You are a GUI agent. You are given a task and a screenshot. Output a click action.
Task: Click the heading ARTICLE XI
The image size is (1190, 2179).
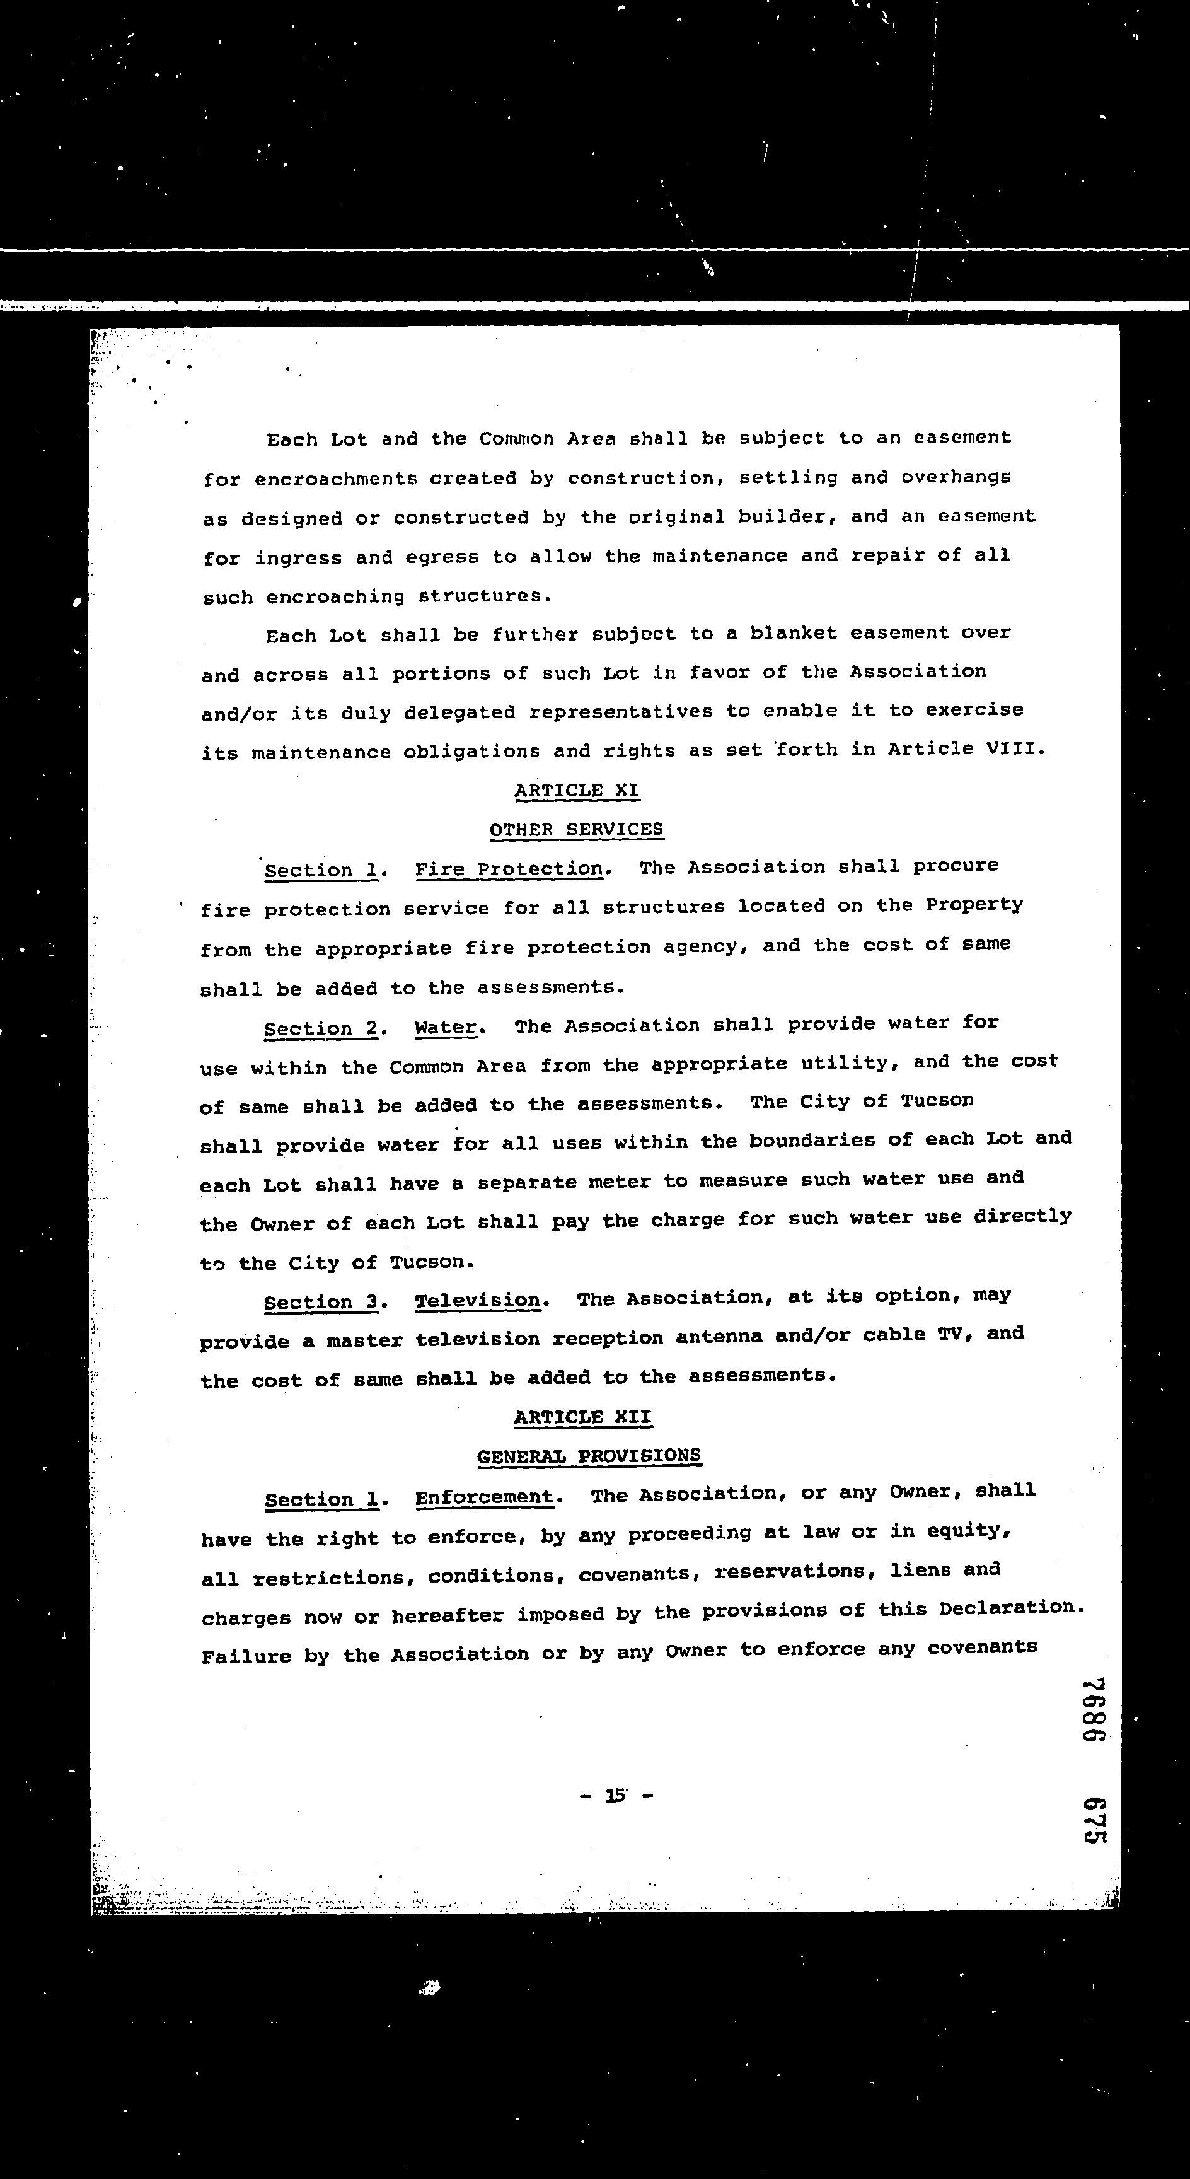(x=577, y=790)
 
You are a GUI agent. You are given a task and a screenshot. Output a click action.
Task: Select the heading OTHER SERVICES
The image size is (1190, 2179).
(x=577, y=829)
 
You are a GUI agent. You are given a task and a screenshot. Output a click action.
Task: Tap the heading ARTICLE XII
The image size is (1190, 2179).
(x=583, y=1417)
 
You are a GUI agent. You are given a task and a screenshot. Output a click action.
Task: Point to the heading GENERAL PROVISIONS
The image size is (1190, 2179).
(x=589, y=1456)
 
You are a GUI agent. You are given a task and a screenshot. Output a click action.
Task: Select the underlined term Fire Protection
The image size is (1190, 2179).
(x=509, y=869)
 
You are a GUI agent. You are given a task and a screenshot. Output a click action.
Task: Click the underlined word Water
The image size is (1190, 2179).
(x=446, y=1027)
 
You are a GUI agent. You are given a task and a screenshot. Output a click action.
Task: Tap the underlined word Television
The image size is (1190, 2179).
(x=477, y=1300)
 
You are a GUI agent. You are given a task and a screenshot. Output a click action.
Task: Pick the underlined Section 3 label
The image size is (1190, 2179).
(x=321, y=1302)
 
